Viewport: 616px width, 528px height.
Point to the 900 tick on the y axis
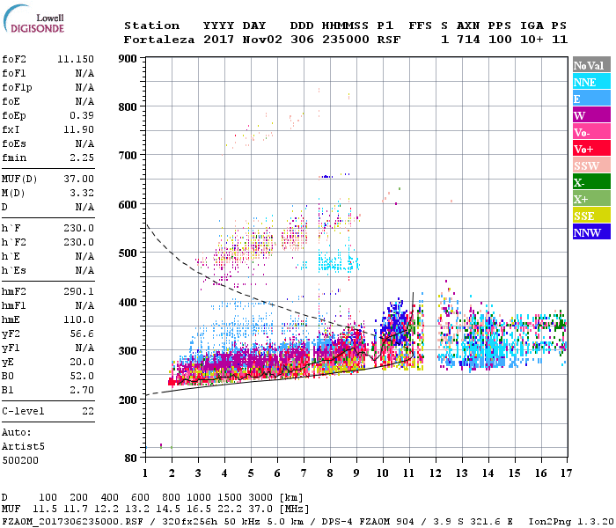[128, 59]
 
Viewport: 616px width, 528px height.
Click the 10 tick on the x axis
[382, 473]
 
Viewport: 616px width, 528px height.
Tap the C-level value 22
[88, 411]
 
